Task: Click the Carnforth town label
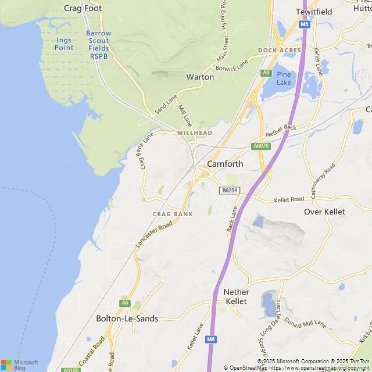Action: pos(225,164)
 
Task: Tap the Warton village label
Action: pos(200,77)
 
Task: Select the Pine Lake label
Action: pos(284,78)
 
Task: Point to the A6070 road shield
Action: pos(261,146)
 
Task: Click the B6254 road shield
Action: pos(229,191)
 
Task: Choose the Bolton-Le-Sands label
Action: pos(127,319)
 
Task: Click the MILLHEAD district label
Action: pos(195,133)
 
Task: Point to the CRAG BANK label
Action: pos(173,214)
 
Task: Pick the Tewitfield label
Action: pos(314,12)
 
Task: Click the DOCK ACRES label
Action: pos(280,51)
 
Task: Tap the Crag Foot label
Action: pos(83,8)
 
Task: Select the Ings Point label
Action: pos(64,44)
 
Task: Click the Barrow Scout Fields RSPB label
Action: pos(98,45)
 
